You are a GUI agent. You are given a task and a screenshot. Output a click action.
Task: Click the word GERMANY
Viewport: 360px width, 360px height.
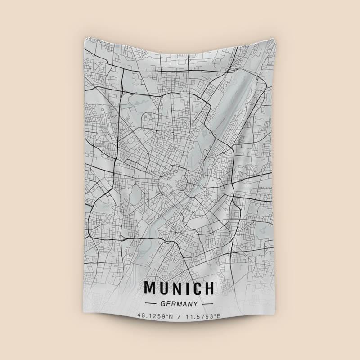pos(180,304)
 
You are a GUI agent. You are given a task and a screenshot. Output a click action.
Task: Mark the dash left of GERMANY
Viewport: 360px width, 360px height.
pos(149,304)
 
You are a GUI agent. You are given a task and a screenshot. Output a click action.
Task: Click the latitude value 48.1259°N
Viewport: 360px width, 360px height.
pos(155,316)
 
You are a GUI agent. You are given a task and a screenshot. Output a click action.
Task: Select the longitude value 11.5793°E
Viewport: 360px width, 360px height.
pos(203,316)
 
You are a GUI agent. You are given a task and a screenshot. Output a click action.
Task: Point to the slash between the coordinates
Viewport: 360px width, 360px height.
pos(179,316)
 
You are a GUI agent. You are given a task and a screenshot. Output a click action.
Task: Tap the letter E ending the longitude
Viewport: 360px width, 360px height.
pos(219,316)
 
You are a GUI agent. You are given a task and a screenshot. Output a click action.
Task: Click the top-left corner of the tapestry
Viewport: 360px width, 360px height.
pos(84,37)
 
